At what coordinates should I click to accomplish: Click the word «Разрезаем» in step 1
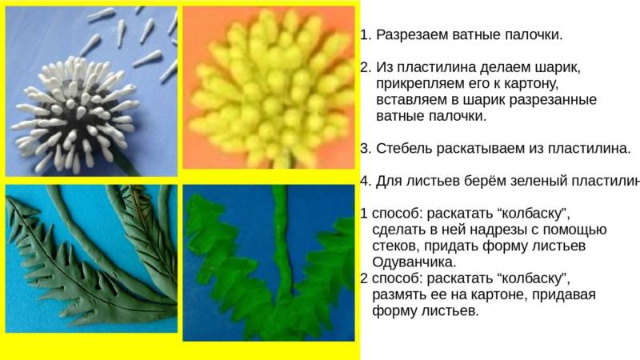410,35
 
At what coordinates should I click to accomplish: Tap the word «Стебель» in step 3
404,149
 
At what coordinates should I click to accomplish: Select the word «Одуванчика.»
414,262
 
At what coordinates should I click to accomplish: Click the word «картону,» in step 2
531,84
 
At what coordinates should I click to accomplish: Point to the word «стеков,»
396,246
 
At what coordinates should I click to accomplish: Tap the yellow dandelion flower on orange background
270,88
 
